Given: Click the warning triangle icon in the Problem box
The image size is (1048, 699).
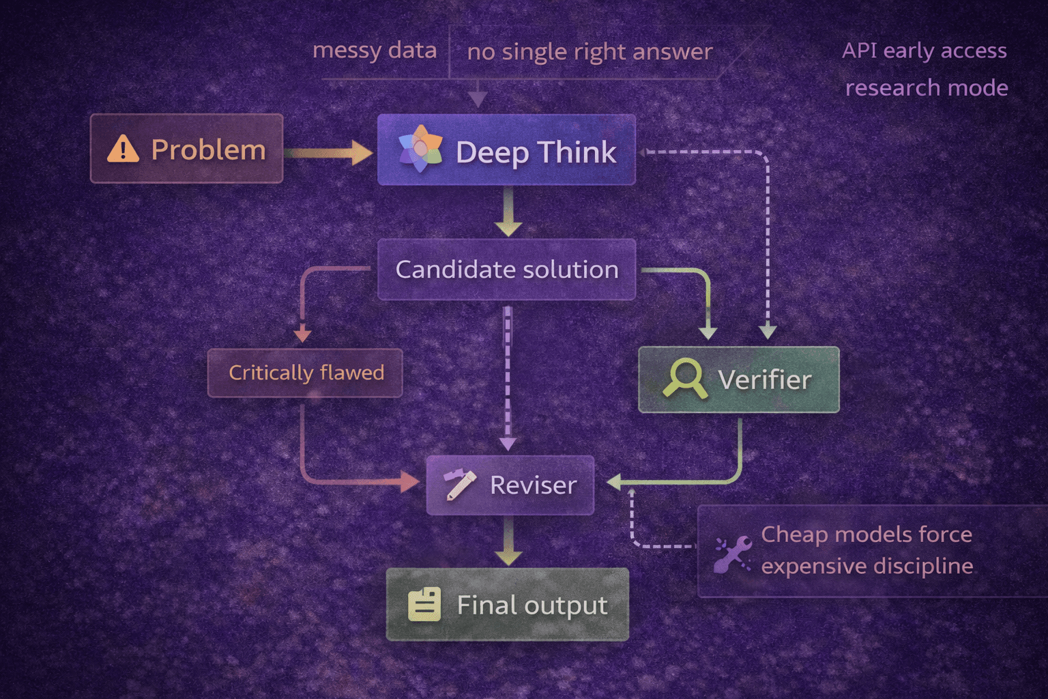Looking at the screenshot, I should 123,149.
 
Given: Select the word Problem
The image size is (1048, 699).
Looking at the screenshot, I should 208,150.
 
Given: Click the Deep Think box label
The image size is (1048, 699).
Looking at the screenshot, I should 536,152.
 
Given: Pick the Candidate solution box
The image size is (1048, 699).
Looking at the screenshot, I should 506,270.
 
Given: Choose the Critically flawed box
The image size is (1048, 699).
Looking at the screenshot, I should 305,373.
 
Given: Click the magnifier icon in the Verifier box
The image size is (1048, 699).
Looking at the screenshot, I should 684,378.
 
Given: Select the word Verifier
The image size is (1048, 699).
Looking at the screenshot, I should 765,380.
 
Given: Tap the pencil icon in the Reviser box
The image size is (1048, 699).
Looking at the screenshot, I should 459,485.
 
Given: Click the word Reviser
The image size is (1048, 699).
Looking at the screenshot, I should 533,485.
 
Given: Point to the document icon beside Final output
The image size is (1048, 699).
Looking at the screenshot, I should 424,604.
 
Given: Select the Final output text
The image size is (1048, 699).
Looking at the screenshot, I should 532,605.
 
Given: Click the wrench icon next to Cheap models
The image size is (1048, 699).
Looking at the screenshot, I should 733,554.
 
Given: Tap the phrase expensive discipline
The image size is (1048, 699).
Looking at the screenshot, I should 867,567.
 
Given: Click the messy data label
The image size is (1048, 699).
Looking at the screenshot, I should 374,51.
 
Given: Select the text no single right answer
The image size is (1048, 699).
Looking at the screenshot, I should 589,52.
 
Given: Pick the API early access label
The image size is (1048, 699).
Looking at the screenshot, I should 924,51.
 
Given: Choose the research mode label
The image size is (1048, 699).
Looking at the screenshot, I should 927,88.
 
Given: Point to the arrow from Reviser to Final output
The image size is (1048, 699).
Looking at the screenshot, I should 508,541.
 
